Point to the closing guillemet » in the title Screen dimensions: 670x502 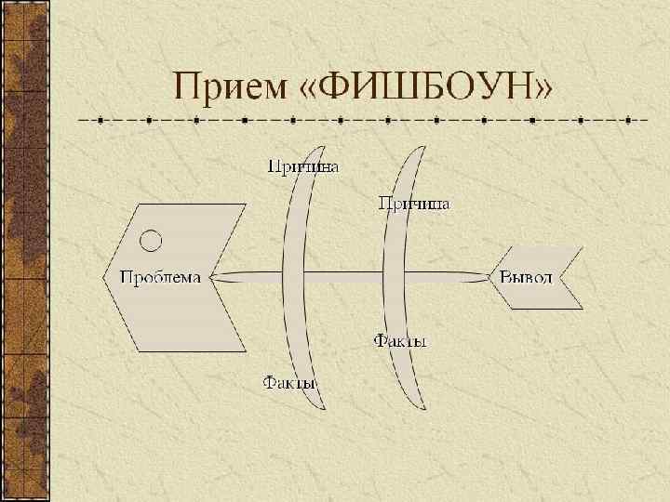coord(542,90)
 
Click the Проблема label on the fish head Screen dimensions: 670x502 coord(160,277)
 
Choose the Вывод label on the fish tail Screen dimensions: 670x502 coord(526,277)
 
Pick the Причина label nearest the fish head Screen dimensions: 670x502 coord(303,167)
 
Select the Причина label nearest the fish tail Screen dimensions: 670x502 coord(414,203)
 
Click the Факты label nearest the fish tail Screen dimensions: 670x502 coord(400,342)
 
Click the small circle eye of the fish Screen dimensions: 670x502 coord(151,241)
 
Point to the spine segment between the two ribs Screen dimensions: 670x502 coord(344,276)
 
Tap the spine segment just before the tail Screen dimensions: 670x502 coord(447,276)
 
